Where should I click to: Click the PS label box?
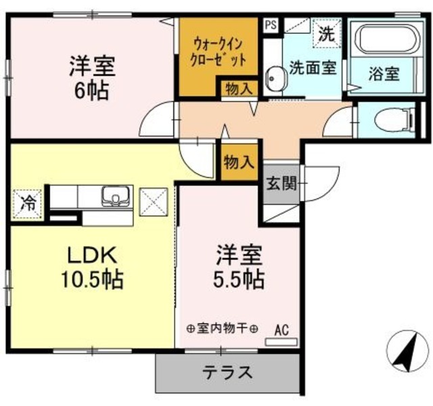click(271, 25)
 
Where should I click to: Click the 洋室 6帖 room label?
click(91, 78)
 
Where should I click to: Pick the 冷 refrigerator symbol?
click(27, 202)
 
